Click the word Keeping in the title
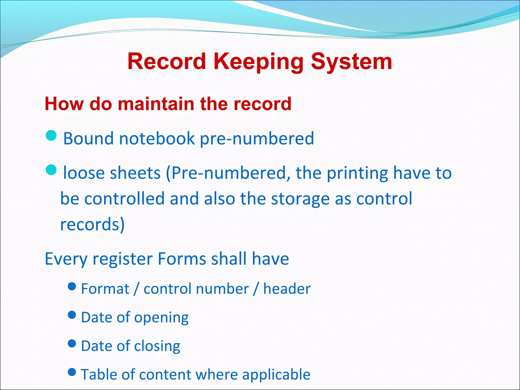[x=258, y=62]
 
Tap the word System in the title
[x=351, y=62]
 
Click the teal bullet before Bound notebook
[x=51, y=136]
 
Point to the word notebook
[x=157, y=139]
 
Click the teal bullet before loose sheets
[x=51, y=170]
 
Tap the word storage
[x=300, y=199]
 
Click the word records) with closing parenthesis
[x=92, y=224]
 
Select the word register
[x=122, y=259]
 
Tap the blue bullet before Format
[x=72, y=286]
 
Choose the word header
[x=287, y=289]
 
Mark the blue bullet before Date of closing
[x=72, y=344]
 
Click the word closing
[x=157, y=346]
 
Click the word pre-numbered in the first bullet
[x=257, y=139]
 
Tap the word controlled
[x=124, y=199]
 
